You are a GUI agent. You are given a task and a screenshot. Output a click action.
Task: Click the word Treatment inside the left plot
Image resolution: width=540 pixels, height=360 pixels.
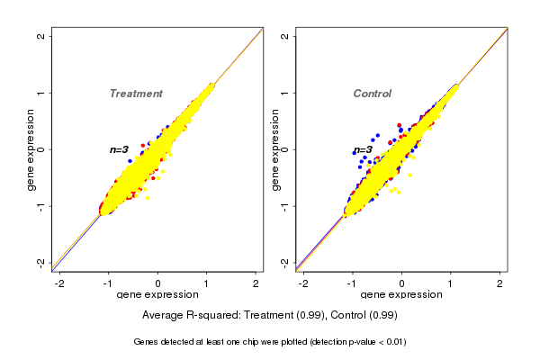click(136, 94)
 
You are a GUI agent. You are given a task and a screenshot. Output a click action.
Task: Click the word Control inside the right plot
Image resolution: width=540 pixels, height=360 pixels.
click(373, 94)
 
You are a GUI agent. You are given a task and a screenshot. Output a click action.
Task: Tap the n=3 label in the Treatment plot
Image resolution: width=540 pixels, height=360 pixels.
click(120, 149)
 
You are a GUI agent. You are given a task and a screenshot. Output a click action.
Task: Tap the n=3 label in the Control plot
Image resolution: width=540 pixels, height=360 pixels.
click(363, 149)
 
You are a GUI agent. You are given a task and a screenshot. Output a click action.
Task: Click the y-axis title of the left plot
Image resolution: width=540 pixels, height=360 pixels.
click(32, 149)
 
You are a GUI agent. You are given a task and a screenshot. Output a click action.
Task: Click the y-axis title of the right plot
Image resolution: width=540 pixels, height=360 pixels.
click(275, 149)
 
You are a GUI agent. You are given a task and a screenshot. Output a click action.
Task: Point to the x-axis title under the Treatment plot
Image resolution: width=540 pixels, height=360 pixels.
click(157, 294)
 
